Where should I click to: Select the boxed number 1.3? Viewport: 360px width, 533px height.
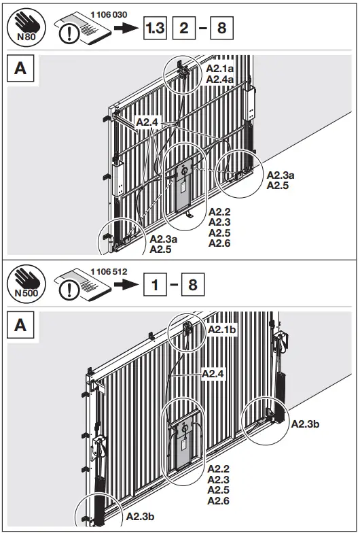coord(155,29)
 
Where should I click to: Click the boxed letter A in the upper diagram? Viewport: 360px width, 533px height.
coord(20,70)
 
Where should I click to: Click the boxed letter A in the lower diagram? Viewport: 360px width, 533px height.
coord(20,325)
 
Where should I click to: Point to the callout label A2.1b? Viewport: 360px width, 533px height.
coord(222,329)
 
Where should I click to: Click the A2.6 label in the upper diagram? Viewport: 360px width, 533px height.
coord(219,243)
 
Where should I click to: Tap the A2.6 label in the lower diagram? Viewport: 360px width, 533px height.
coord(219,501)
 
